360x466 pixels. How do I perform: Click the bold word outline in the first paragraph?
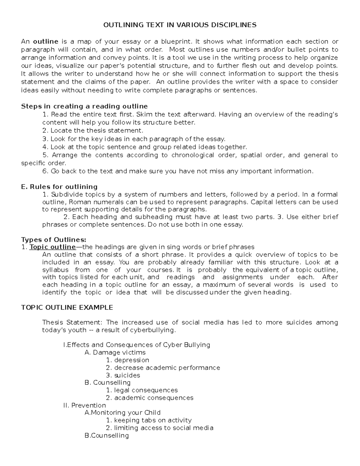(45, 41)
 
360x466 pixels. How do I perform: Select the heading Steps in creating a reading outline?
(84, 106)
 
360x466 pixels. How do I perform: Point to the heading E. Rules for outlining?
(59, 187)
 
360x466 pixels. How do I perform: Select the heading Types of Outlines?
(53, 240)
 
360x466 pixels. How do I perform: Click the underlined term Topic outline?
(52, 247)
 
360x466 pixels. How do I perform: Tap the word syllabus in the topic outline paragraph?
(55, 270)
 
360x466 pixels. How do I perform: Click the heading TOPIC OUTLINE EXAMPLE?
(67, 308)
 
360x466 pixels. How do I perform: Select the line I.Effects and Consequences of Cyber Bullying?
(136, 345)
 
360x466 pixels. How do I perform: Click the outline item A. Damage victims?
(115, 353)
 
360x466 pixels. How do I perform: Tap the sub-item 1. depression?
(127, 360)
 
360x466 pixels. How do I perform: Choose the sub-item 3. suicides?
(123, 375)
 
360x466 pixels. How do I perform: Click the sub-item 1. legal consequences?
(142, 390)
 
